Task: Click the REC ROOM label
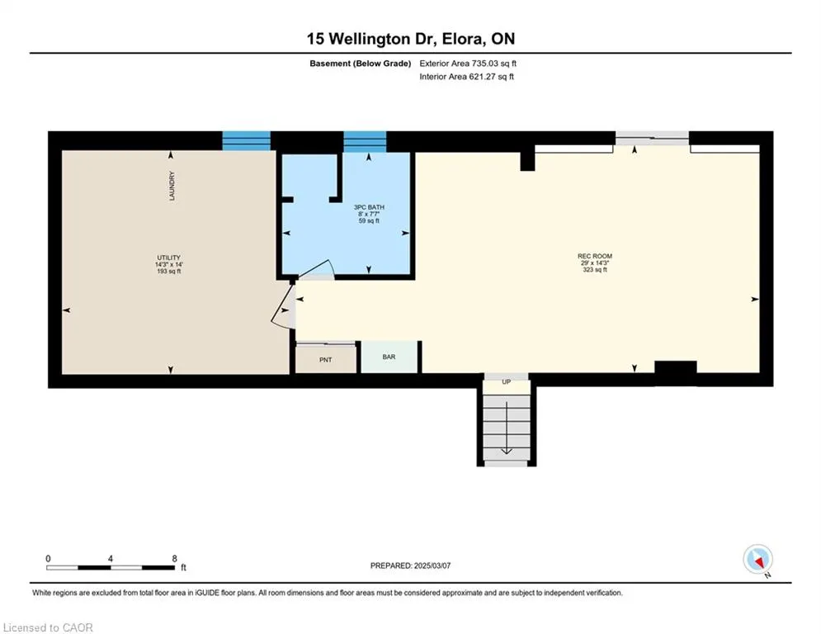click(595, 256)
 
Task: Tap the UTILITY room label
click(168, 258)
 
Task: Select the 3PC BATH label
click(369, 207)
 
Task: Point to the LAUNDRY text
click(172, 186)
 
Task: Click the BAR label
click(389, 357)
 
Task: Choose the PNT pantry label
click(326, 360)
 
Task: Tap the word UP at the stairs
click(507, 382)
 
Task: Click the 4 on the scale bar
click(110, 559)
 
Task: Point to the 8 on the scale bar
click(174, 559)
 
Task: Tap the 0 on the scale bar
click(48, 559)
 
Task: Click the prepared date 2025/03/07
click(432, 565)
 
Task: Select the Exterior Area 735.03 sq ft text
click(468, 64)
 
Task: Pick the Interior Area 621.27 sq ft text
click(466, 77)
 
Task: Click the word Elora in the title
click(463, 39)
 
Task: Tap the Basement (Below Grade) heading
click(361, 64)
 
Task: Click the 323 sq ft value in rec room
click(595, 270)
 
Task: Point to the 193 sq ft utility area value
click(168, 272)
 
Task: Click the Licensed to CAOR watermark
click(48, 627)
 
